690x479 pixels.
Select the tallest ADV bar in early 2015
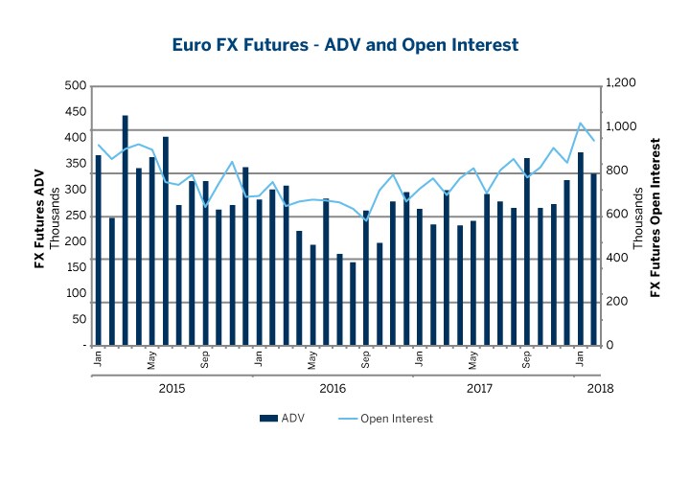(x=126, y=230)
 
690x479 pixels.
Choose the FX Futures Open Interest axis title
(x=655, y=216)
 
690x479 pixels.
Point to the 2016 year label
(x=332, y=388)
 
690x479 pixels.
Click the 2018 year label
(x=600, y=388)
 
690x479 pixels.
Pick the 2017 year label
(x=479, y=388)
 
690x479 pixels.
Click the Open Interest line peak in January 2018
(x=581, y=124)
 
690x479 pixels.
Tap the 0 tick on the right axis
(x=609, y=346)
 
